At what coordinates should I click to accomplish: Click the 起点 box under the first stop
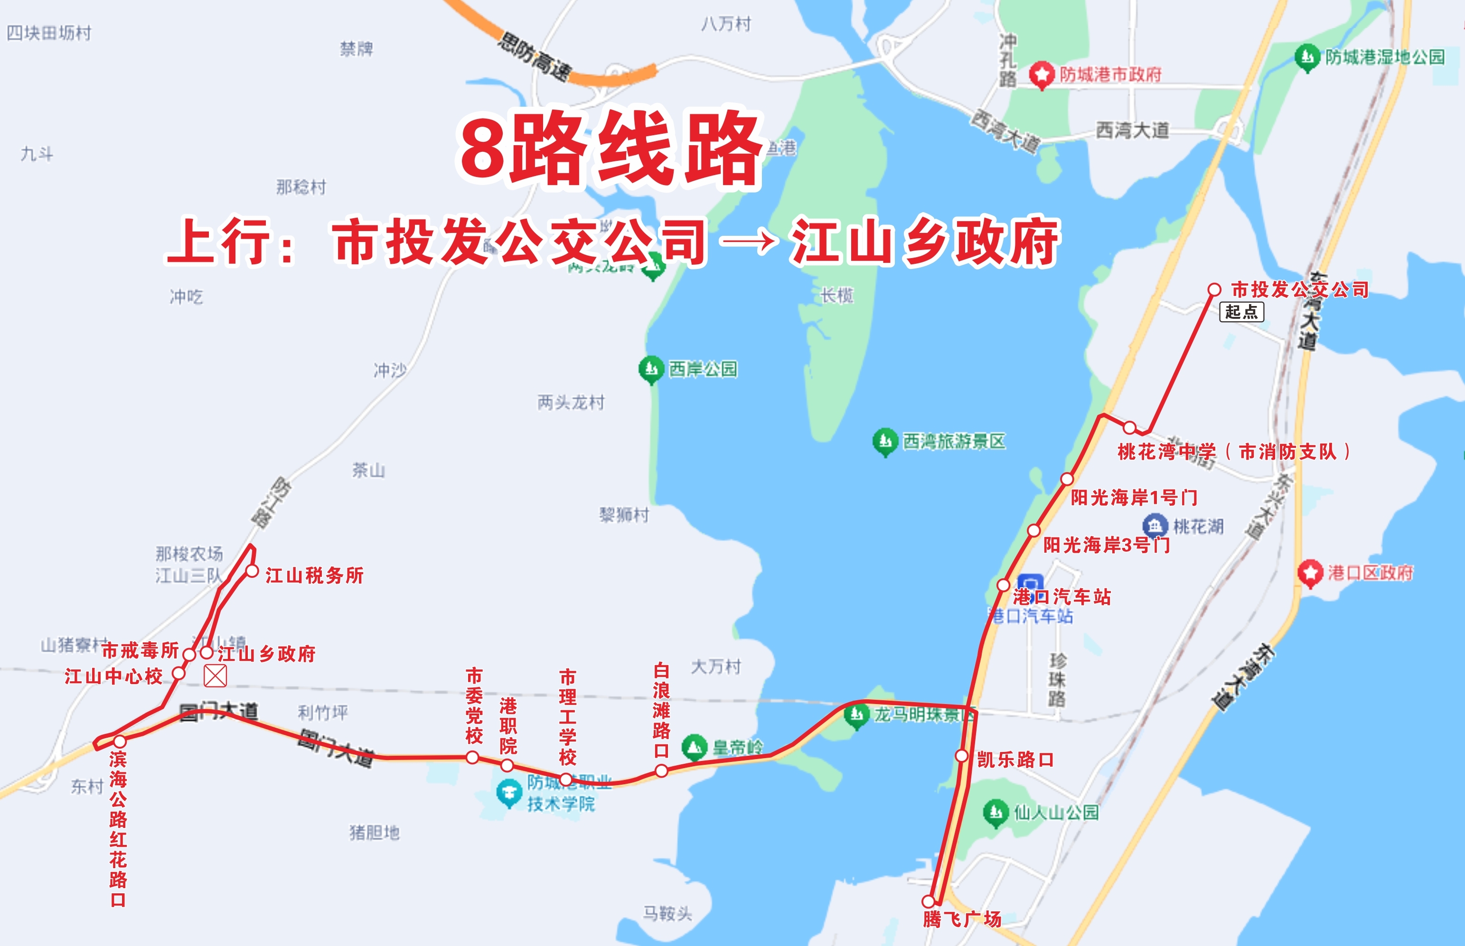(x=1241, y=312)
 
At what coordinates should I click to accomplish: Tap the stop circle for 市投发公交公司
(x=1214, y=289)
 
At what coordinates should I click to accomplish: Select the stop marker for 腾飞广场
(x=929, y=901)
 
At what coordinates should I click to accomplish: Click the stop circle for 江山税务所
(x=252, y=571)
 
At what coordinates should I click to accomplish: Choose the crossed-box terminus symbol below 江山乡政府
(x=215, y=677)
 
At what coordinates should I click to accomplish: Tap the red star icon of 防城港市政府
(x=1042, y=75)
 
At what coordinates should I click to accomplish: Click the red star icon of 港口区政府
(x=1310, y=573)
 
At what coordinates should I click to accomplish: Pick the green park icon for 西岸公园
(x=651, y=369)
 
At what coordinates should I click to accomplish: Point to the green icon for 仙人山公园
(x=995, y=813)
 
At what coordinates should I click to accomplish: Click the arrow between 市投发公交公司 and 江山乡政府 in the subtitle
(x=749, y=241)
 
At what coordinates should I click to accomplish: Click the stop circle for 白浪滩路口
(x=661, y=770)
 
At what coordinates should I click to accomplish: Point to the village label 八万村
(x=726, y=24)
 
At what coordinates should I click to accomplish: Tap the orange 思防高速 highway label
(x=535, y=57)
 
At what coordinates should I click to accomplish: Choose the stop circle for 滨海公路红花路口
(x=119, y=742)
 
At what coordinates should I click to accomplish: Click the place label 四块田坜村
(x=49, y=33)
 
